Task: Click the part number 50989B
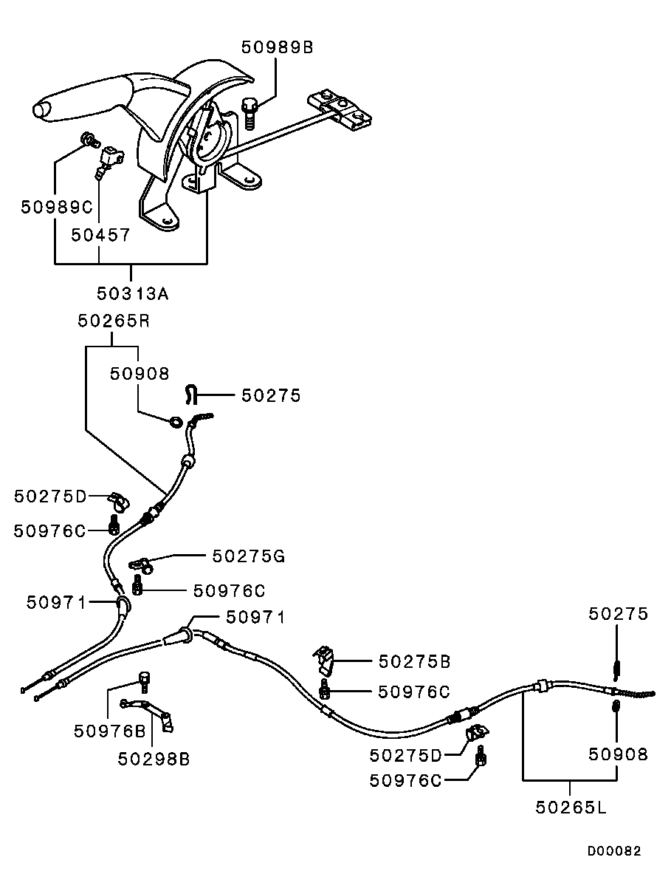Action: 278,47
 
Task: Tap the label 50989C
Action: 55,206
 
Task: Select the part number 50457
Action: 100,235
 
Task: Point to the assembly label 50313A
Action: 133,293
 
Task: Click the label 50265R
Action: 113,321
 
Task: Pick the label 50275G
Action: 248,555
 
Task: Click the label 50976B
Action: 109,731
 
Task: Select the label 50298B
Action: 154,759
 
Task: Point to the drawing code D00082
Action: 614,851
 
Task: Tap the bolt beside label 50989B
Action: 250,112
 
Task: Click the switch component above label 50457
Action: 110,157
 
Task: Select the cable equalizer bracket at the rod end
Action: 342,107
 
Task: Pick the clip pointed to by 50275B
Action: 326,660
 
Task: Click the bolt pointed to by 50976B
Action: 144,678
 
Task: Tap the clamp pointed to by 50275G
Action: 143,565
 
